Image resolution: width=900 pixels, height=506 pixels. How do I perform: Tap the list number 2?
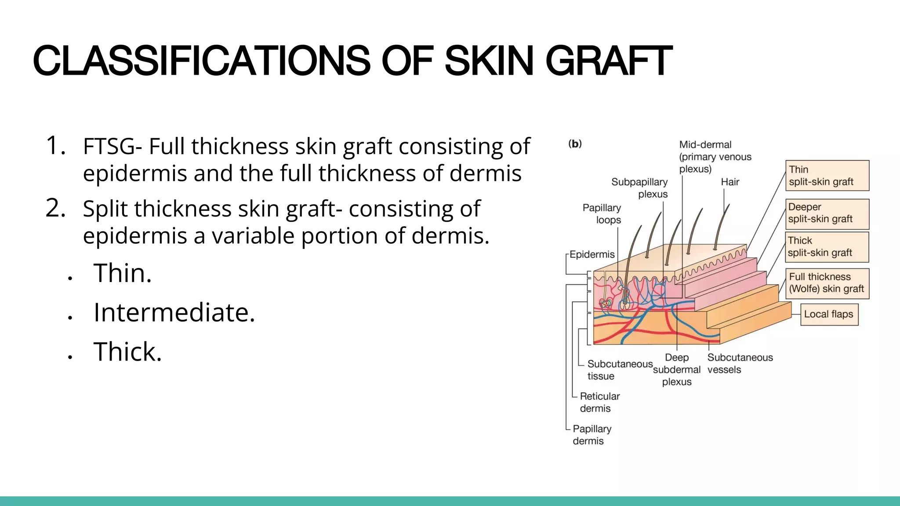pyautogui.click(x=55, y=208)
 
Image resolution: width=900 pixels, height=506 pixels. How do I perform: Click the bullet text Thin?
pyautogui.click(x=123, y=273)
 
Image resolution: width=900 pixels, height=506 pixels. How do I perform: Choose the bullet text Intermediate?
pyautogui.click(x=174, y=312)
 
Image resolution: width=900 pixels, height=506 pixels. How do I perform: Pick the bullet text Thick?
pyautogui.click(x=127, y=352)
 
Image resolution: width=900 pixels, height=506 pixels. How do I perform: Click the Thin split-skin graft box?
pyautogui.click(x=827, y=176)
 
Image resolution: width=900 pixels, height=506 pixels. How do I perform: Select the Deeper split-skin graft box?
pyautogui.click(x=827, y=213)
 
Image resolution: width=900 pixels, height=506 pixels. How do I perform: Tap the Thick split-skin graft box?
pyautogui.click(x=827, y=247)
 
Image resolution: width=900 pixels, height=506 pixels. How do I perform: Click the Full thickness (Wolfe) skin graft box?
pyautogui.click(x=827, y=283)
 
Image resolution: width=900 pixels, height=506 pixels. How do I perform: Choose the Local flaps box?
pyautogui.click(x=829, y=314)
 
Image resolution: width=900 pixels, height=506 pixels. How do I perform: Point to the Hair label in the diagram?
pyautogui.click(x=730, y=182)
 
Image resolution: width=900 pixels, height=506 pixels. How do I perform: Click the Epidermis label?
pyautogui.click(x=592, y=254)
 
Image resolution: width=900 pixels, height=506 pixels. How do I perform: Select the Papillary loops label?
pyautogui.click(x=602, y=214)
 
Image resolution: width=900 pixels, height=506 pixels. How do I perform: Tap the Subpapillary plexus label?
pyautogui.click(x=640, y=188)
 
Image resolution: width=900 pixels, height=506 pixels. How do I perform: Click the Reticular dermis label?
pyautogui.click(x=599, y=402)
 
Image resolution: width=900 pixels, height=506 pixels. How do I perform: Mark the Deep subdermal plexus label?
pyautogui.click(x=677, y=370)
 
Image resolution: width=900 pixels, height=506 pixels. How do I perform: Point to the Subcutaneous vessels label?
pyautogui.click(x=740, y=364)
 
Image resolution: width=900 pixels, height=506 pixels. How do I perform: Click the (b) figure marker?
pyautogui.click(x=575, y=144)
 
